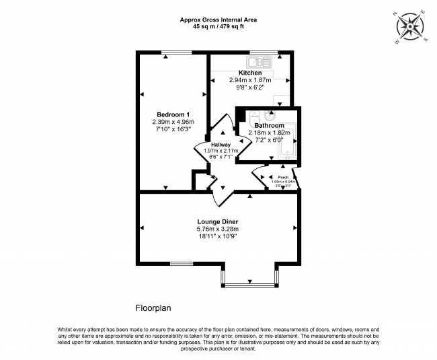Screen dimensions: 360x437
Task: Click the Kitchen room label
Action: coord(250,73)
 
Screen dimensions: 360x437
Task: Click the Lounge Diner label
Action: coord(217,221)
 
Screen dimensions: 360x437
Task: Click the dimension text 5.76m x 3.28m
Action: coord(217,229)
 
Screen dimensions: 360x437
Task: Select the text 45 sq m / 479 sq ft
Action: coord(218,28)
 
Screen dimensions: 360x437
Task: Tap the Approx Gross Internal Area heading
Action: coord(218,20)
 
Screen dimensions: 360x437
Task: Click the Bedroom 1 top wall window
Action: coord(172,52)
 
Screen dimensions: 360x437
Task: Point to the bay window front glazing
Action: coord(249,286)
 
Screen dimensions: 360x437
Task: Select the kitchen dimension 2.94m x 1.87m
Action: coord(250,80)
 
